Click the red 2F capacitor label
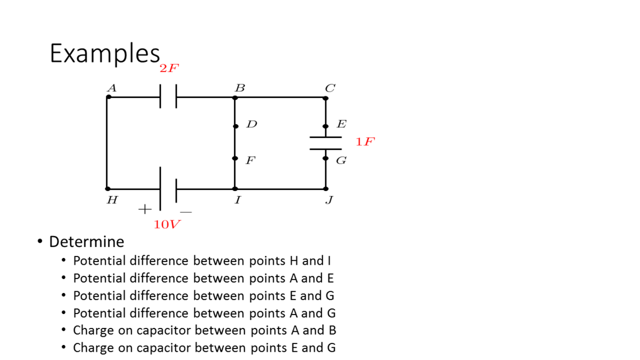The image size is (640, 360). (x=169, y=68)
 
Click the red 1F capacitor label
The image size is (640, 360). (x=365, y=142)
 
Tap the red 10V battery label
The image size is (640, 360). (x=167, y=224)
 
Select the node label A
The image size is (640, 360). (x=111, y=88)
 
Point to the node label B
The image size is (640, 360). (x=239, y=88)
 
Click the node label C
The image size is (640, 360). (x=330, y=88)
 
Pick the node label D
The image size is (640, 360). (x=252, y=124)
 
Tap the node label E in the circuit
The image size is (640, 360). (x=341, y=124)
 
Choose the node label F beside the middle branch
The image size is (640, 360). (x=250, y=161)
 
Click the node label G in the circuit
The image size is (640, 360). (x=341, y=161)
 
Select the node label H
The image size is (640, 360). (x=111, y=200)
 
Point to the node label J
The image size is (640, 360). (x=329, y=200)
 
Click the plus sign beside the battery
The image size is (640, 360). (x=144, y=209)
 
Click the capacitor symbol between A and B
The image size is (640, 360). (x=168, y=97)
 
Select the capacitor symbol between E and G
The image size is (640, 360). (x=325, y=143)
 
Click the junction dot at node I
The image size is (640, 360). (x=235, y=189)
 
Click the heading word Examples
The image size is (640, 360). (x=105, y=54)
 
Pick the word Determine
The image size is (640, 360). (x=86, y=241)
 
